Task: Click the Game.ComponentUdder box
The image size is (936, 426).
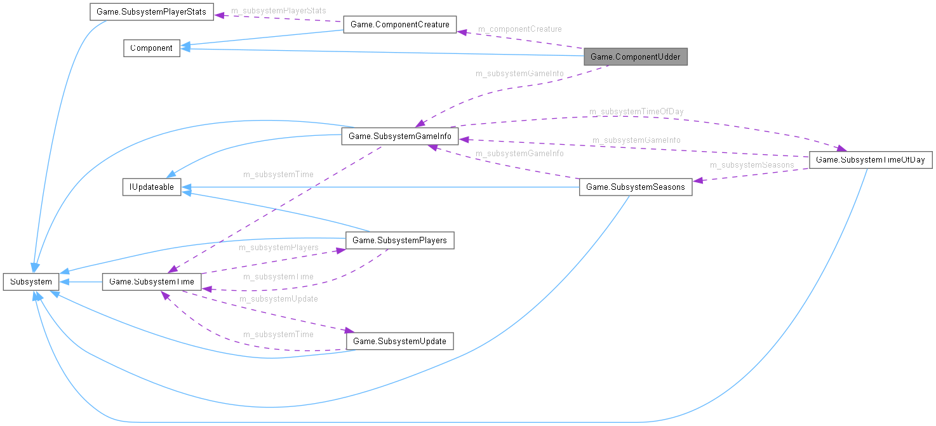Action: (635, 57)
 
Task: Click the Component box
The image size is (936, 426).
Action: (151, 48)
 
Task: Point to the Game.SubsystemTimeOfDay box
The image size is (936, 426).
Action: (870, 159)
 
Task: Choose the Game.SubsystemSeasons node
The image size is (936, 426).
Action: (636, 187)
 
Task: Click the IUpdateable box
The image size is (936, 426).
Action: (152, 187)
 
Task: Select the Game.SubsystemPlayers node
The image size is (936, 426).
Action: (399, 240)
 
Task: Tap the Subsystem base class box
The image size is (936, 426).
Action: (31, 281)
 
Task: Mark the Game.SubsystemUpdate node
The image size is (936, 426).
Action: (399, 341)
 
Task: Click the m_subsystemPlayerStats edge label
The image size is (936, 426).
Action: (278, 11)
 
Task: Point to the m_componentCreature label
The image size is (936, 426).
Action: (519, 29)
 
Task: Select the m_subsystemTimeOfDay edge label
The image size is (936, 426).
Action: (636, 112)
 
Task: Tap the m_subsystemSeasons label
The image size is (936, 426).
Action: (752, 165)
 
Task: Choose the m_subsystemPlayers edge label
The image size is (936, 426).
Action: (278, 247)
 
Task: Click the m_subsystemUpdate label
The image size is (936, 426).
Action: (278, 298)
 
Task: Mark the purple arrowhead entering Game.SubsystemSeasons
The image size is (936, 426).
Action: (697, 181)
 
